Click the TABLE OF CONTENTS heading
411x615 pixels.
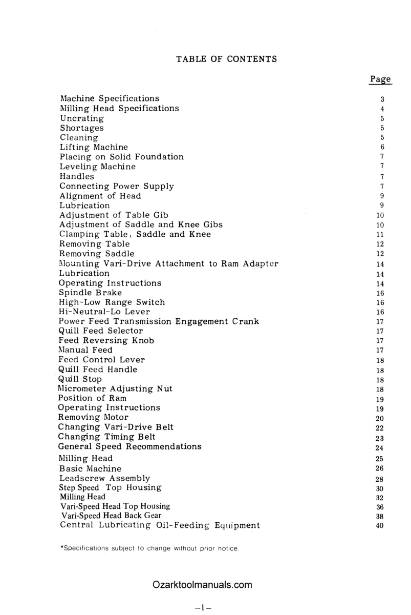click(226, 59)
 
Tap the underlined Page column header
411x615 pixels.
click(380, 79)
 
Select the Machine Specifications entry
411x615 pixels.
click(110, 98)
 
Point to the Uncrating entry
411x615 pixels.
click(82, 118)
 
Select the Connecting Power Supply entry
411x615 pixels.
click(117, 186)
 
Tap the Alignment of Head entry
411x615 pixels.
click(100, 196)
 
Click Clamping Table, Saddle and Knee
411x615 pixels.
click(135, 234)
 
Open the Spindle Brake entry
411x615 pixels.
click(91, 293)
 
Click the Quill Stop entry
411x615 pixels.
click(80, 379)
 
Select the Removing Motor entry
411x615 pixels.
click(94, 417)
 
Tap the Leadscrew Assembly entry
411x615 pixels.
click(105, 478)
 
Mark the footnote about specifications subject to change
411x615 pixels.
click(149, 549)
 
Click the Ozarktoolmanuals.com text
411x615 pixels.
click(202, 585)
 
